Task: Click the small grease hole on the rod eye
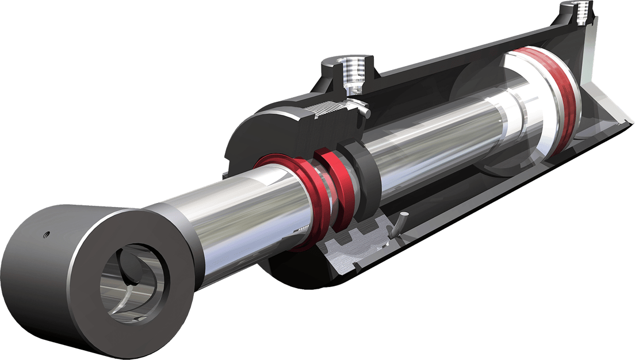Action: coord(48,233)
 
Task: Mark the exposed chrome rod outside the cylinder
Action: coord(230,224)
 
